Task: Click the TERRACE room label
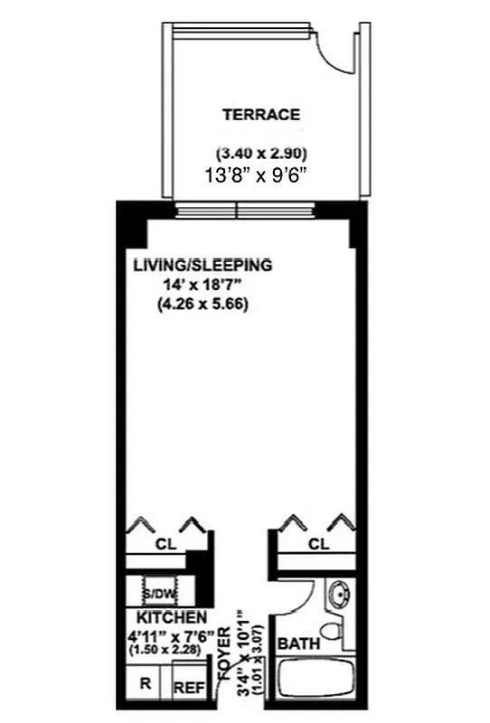261,115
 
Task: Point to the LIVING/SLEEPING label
203,266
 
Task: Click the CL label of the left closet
165,545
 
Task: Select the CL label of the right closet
317,544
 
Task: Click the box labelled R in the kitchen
145,684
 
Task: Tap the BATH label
297,644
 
